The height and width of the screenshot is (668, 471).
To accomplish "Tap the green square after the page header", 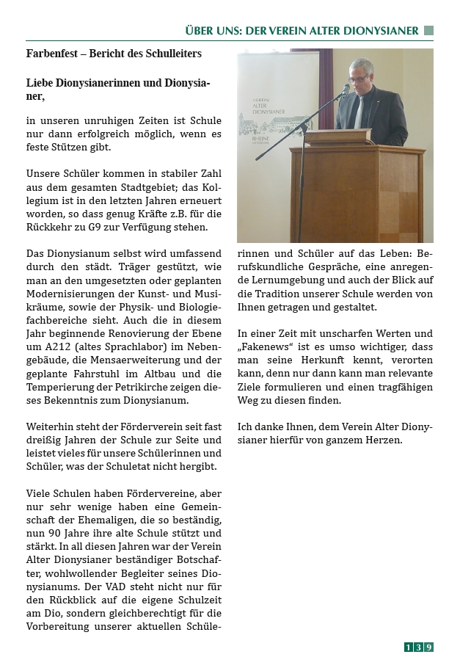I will pos(428,31).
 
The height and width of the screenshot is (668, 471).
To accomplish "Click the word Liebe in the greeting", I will pos(40,83).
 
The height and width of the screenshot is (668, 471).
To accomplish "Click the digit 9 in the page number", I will pos(429,647).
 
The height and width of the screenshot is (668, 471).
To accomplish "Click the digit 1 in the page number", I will pos(409,647).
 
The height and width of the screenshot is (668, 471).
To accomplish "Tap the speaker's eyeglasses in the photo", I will pos(359,78).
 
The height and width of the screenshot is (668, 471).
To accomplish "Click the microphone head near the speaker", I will pos(344,90).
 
